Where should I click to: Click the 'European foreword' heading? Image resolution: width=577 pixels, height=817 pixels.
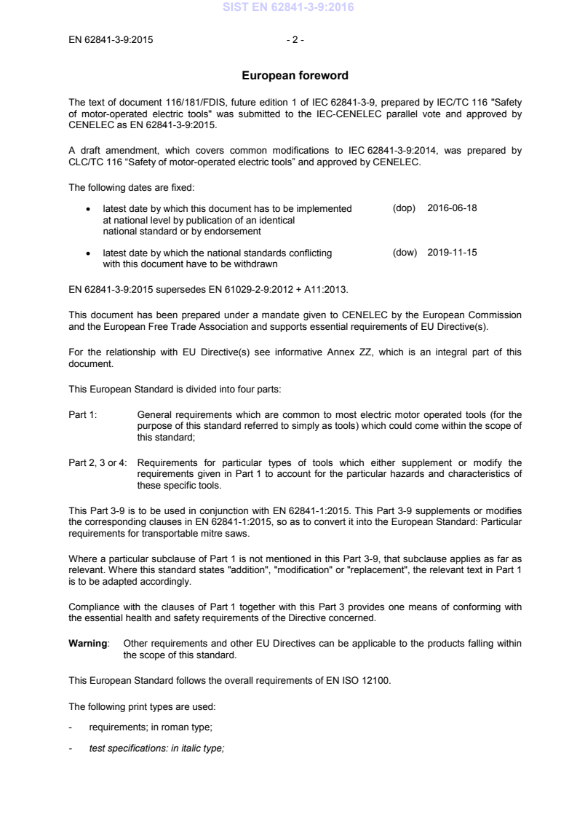coord(295,76)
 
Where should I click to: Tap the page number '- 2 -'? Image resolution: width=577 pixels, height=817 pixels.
coord(295,40)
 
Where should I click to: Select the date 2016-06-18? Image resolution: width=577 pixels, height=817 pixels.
coord(453,208)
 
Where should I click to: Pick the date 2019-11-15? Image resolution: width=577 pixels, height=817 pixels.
coord(453,253)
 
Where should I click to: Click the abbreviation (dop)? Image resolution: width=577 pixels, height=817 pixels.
coord(404,208)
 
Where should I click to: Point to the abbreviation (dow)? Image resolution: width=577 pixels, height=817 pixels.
coord(405,253)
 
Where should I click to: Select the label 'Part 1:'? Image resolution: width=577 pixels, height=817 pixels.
coord(82,415)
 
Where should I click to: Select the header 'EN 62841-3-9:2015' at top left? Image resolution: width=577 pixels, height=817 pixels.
coord(111,40)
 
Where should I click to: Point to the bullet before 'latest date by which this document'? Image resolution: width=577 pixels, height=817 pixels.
coord(88,209)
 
